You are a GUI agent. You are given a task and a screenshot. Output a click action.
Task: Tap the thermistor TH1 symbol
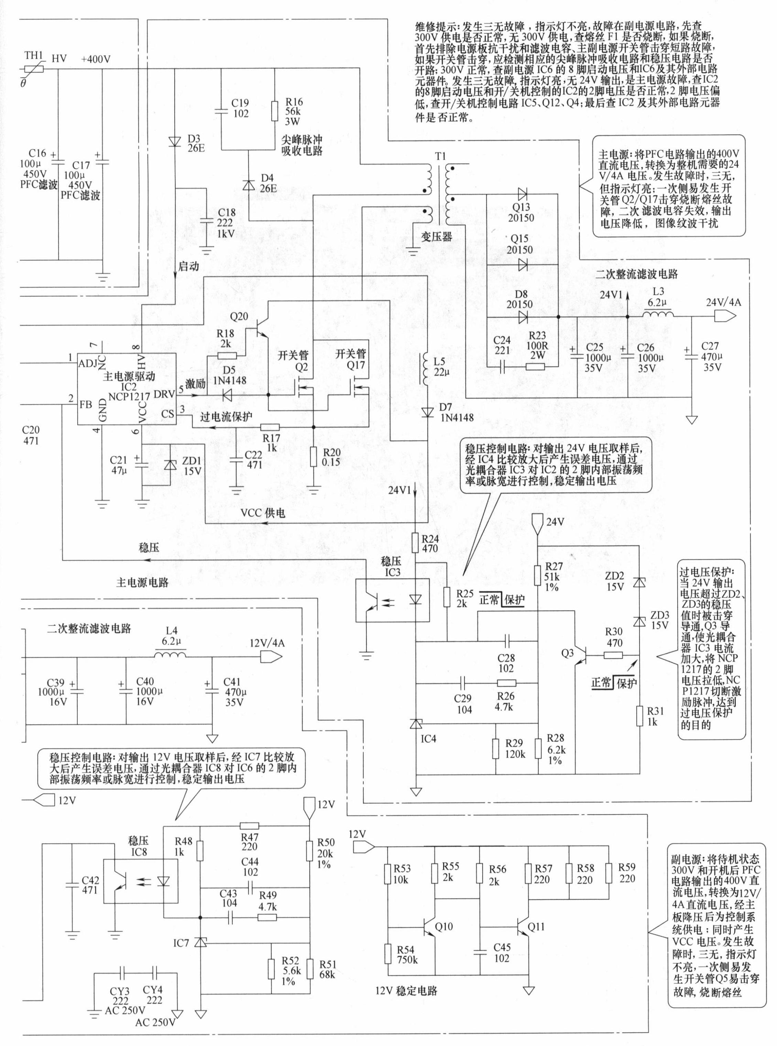point(33,69)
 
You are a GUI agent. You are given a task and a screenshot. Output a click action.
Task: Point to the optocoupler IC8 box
point(141,881)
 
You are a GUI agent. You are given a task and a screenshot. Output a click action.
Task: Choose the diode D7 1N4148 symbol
point(428,413)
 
